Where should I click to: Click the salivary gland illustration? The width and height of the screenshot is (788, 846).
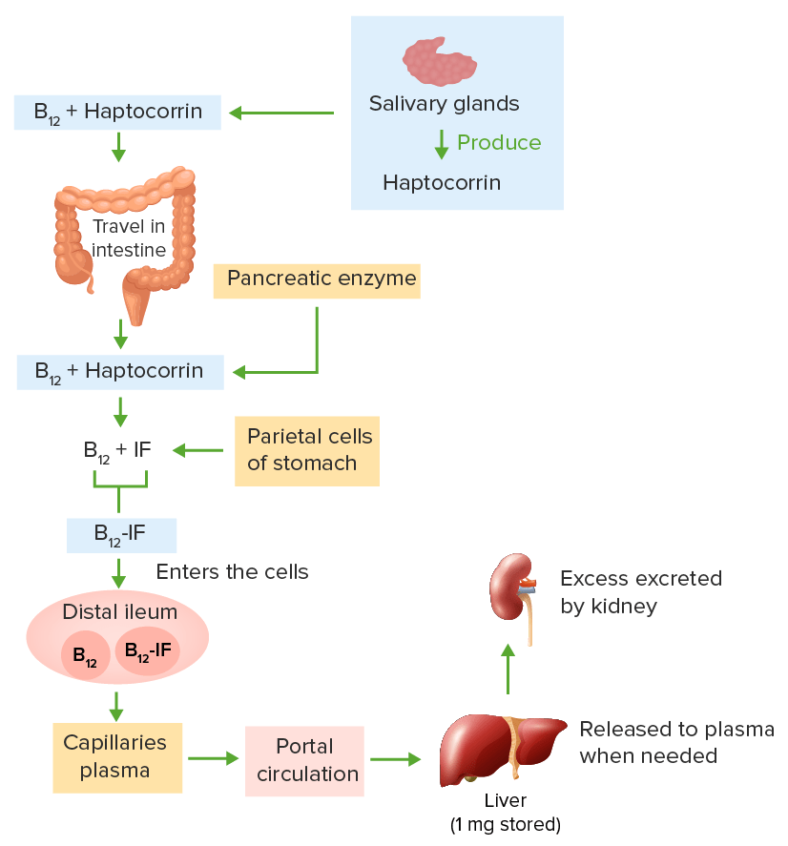point(440,61)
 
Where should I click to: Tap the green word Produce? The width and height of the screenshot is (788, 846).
point(498,143)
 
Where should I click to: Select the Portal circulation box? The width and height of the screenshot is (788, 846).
point(304,759)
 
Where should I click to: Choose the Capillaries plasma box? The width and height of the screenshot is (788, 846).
point(116,757)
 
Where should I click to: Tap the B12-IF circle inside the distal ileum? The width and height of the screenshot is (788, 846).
point(148,650)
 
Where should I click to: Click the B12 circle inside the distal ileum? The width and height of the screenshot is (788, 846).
point(85,656)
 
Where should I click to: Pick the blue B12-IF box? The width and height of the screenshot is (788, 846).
point(120,534)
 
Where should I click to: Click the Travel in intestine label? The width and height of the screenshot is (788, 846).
point(129,238)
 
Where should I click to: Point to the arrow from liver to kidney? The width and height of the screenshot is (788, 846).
point(508,668)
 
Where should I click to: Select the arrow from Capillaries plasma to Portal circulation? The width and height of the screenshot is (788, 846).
point(213,759)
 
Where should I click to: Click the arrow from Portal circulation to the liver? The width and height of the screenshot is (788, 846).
point(395,759)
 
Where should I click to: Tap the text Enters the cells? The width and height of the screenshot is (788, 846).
point(232,572)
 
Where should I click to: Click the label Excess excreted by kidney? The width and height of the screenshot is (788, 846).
point(640,591)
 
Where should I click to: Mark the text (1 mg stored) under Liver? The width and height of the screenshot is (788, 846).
point(505,823)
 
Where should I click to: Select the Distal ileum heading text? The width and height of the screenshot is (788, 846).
point(120,611)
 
